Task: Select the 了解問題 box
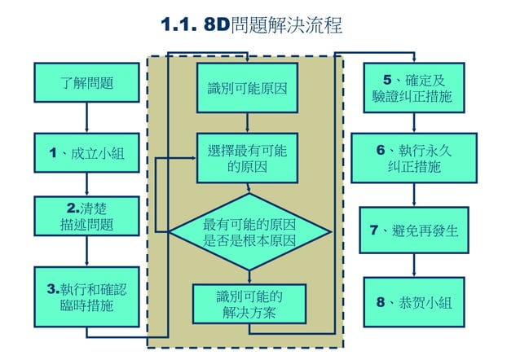(x=86, y=82)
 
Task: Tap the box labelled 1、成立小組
(x=86, y=153)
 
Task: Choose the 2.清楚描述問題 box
(x=86, y=215)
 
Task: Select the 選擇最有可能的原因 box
(x=247, y=160)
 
